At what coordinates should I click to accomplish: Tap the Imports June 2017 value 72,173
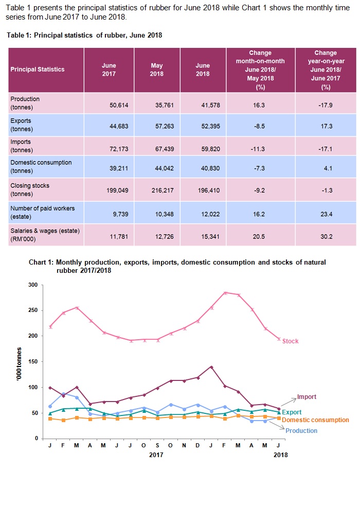point(109,146)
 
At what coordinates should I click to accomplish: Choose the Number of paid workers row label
point(42,211)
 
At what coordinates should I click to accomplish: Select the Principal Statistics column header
point(38,69)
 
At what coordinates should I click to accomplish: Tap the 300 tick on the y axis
point(33,285)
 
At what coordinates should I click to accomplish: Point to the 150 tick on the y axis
point(33,362)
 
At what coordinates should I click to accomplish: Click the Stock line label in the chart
point(291,341)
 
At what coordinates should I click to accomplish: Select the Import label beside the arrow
point(307,397)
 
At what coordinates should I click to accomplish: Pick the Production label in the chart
point(301,431)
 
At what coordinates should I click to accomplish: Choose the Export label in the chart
point(292,412)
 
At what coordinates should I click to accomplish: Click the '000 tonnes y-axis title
point(17,361)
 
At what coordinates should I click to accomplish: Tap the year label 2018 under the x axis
point(280,455)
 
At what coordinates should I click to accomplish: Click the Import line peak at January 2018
point(211,367)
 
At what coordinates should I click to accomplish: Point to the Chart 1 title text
point(177,266)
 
